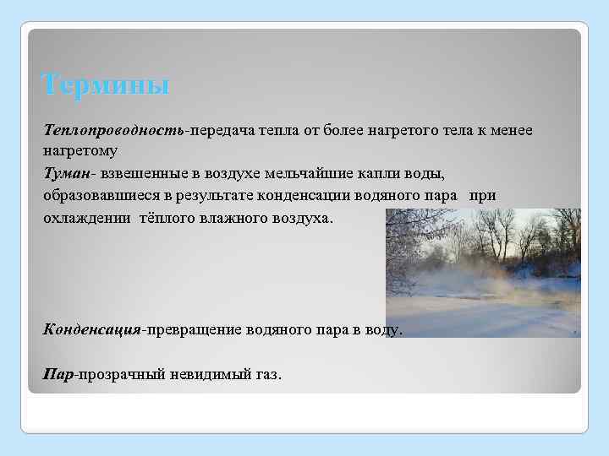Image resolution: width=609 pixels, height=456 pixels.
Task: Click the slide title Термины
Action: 106,85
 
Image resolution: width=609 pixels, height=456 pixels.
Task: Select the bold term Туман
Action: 69,173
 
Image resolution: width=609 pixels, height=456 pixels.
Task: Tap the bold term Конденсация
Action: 91,328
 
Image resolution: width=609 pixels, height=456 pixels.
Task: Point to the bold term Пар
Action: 58,372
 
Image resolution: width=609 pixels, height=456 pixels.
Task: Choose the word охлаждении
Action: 86,217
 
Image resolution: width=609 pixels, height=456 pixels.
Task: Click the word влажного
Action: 236,217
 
